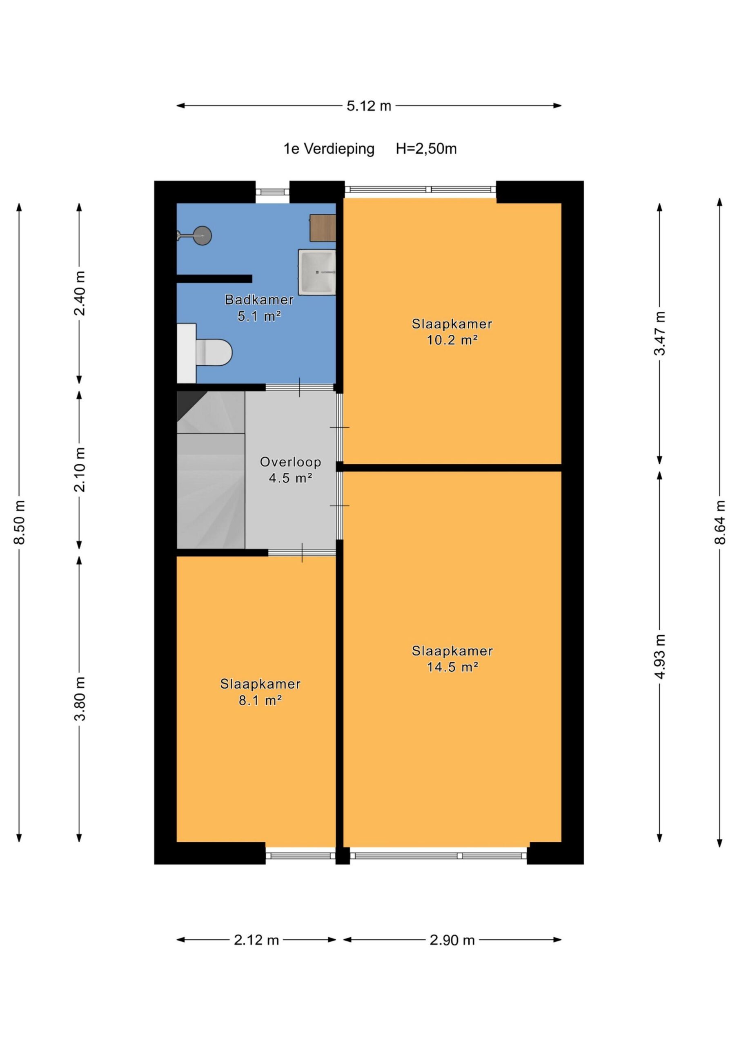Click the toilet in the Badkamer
pos(205,353)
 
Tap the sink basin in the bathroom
pos(317,272)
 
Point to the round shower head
pos(202,235)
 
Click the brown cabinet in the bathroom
pos(323,228)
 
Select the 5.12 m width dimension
pos(369,106)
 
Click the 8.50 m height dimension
pos(20,522)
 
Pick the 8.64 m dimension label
pos(720,522)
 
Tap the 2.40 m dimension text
pos(80,293)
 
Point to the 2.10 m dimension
pos(80,470)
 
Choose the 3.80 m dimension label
pos(80,698)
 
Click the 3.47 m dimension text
pos(660,333)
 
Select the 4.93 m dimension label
pos(660,657)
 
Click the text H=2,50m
pos(426,149)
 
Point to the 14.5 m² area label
pos(452,667)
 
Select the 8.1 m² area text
pos(260,700)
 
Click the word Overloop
pos(291,462)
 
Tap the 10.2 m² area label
pos(452,340)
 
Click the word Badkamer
pos(260,300)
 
